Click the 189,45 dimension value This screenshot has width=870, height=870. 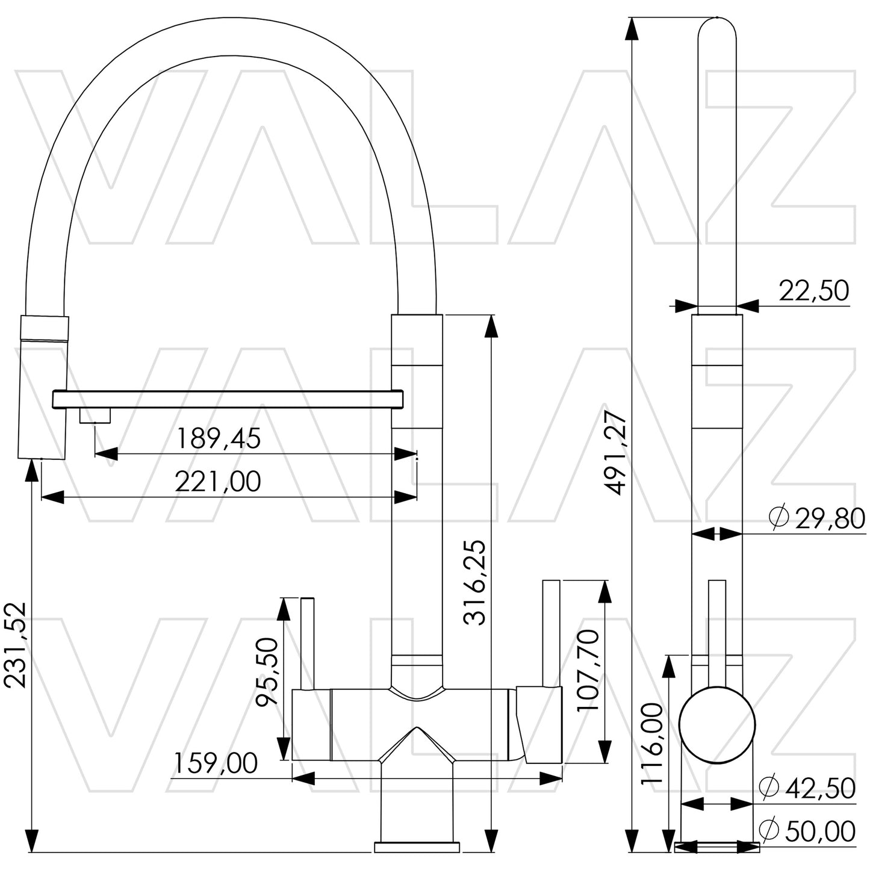218,439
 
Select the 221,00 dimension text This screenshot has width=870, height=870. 218,482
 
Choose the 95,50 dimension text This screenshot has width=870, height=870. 267,671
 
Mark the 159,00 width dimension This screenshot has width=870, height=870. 216,763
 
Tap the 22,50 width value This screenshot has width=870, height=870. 814,291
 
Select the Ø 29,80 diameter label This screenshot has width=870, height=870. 817,518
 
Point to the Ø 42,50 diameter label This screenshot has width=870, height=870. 807,788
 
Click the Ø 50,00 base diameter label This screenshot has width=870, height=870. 807,831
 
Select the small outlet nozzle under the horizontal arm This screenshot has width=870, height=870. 95,416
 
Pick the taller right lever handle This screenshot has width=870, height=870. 552,632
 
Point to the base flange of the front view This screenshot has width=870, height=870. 417,847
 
